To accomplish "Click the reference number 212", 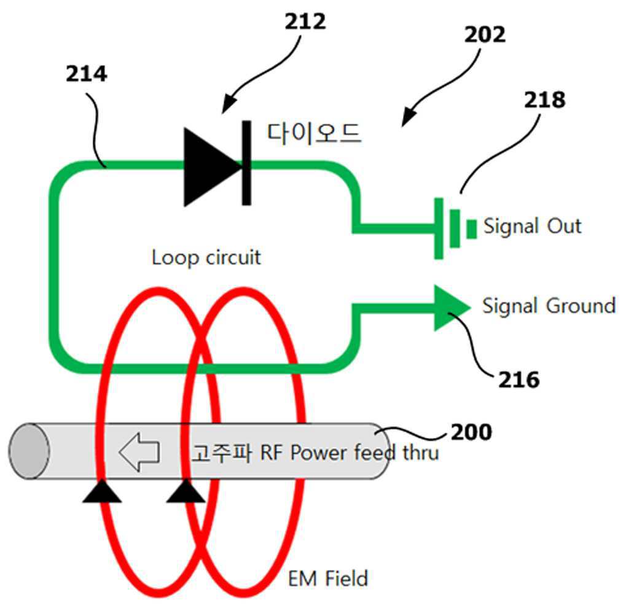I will click(x=305, y=22).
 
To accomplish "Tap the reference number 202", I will click(x=484, y=34).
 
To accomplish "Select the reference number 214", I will click(x=87, y=74).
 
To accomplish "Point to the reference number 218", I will click(x=544, y=99).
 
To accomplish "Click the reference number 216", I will click(x=519, y=380).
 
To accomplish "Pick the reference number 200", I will click(x=471, y=432).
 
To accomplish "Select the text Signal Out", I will click(x=532, y=226).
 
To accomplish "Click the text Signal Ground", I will click(x=548, y=305).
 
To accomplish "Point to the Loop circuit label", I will click(x=206, y=257).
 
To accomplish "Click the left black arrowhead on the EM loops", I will click(x=102, y=491).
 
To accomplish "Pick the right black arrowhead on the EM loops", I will click(x=186, y=491).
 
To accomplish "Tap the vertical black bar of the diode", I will click(x=246, y=163).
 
